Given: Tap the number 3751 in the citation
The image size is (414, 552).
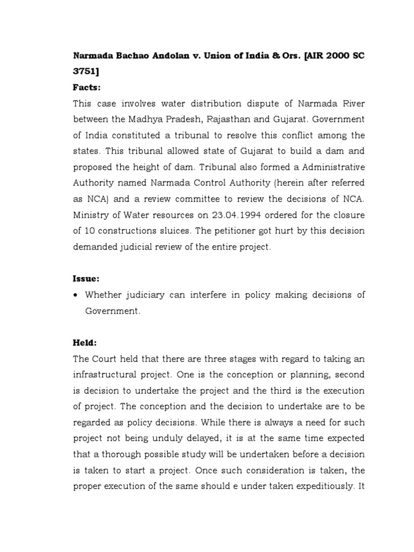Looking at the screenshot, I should click(x=85, y=72).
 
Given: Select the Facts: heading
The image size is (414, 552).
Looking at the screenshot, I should click(x=87, y=88).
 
